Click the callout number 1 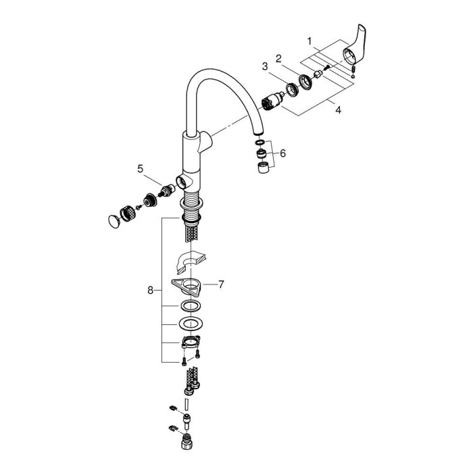coord(309,41)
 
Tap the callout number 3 coord(266,66)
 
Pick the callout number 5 coord(141,169)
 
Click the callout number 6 coord(282,153)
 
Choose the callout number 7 coord(220,285)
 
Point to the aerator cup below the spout coord(263,168)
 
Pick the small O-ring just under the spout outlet coord(259,143)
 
